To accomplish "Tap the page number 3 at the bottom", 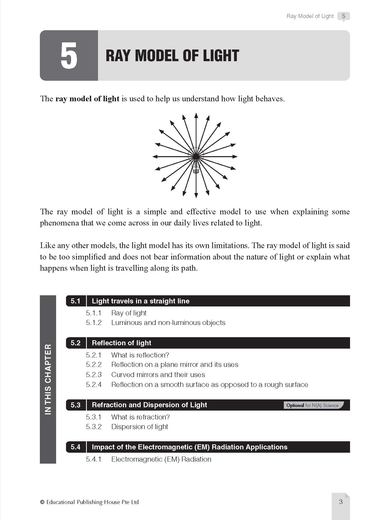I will click(341, 501).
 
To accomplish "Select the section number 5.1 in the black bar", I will click(75, 301).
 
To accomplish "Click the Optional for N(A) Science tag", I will click(313, 405).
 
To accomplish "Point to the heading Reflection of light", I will click(121, 343).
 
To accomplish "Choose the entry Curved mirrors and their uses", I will click(158, 375).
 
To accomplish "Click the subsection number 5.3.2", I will click(93, 427).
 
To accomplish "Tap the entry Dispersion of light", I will click(140, 427).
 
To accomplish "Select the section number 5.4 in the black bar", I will click(75, 447).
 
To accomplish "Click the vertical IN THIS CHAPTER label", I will click(48, 379).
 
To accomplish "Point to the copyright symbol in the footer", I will click(42, 502).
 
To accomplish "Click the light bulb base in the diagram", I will click(195, 170).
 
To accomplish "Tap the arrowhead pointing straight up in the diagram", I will click(196, 115).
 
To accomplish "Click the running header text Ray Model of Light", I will click(310, 16).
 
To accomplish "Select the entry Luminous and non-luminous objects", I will click(168, 323).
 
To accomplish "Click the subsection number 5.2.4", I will click(93, 385).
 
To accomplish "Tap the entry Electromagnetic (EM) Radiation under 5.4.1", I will click(161, 459).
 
